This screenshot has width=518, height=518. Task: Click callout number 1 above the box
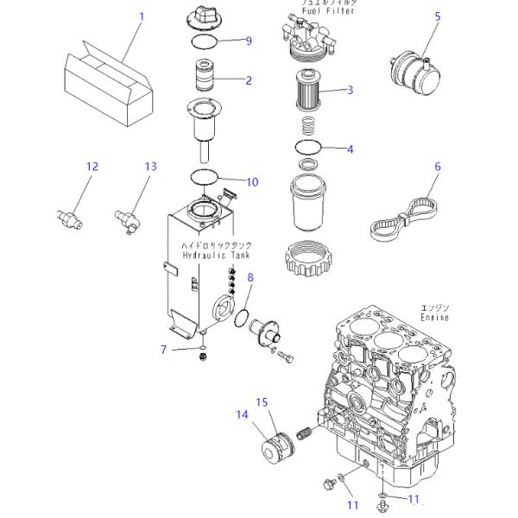coord(142,16)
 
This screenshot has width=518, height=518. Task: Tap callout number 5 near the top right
coord(437,16)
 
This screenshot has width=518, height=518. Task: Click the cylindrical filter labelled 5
coord(413,68)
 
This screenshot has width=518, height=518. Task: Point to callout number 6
coord(437,167)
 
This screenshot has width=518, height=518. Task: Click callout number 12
coord(92,167)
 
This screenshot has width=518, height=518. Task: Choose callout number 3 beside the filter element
coord(351,90)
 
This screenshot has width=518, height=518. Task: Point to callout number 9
coord(248,41)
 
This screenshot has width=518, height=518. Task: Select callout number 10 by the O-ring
coord(252,181)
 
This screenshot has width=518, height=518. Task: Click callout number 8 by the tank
coord(251,277)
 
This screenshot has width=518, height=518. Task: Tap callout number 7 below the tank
coord(162,349)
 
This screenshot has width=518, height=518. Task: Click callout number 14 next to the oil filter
coord(243,414)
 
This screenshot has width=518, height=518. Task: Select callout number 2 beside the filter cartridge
coord(249,81)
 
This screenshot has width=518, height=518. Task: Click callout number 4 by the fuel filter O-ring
coord(350,149)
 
